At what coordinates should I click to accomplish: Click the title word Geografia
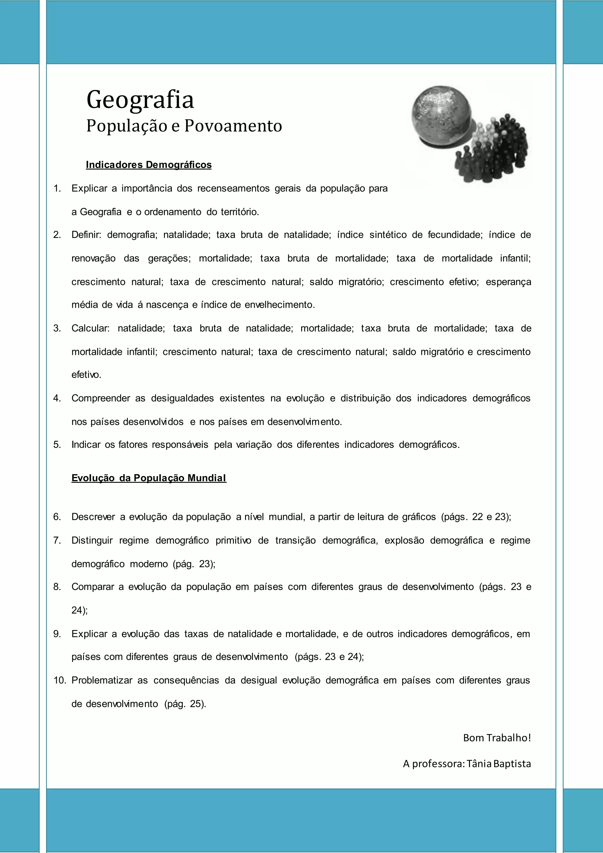click(140, 100)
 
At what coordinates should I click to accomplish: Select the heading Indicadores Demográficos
click(148, 165)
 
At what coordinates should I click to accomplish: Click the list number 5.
click(57, 445)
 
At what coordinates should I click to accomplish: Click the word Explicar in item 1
click(89, 188)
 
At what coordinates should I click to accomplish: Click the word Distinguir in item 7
click(92, 540)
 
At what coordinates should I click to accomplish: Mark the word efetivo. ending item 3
click(86, 375)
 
